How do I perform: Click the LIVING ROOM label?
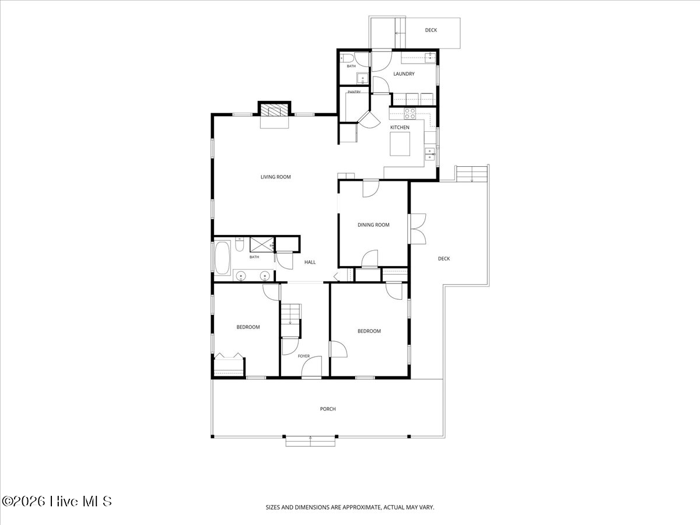275,177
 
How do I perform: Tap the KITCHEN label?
400,128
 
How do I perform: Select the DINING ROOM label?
373,225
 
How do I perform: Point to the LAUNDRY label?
404,74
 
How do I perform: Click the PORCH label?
328,409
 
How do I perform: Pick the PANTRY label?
354,92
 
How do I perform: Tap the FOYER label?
303,356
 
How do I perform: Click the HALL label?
310,262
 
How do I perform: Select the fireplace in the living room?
274,111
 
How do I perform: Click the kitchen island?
400,144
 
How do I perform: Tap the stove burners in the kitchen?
410,114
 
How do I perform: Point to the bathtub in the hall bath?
222,258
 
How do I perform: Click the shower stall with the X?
261,245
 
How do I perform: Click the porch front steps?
310,441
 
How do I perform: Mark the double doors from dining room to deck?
418,229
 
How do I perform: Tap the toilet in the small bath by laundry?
347,58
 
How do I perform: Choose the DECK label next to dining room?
443,259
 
